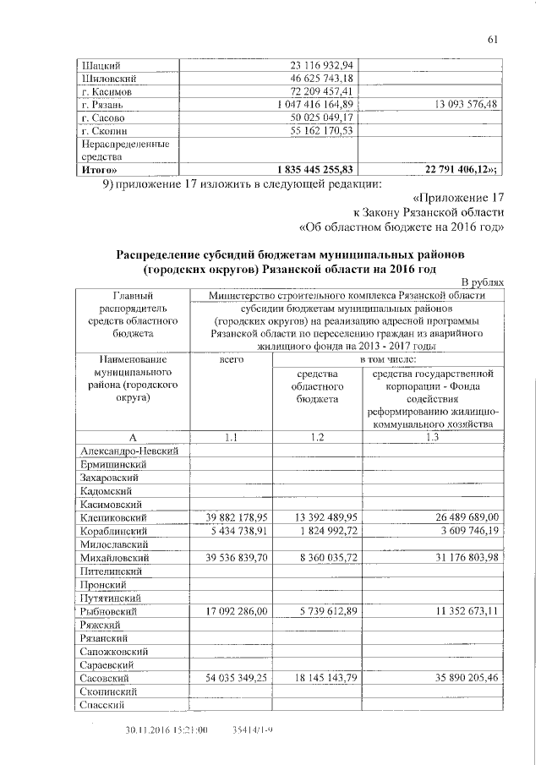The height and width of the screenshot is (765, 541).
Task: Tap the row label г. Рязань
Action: point(102,104)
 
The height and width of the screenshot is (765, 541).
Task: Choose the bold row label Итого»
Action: point(98,169)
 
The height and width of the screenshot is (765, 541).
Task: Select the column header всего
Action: point(231,360)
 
